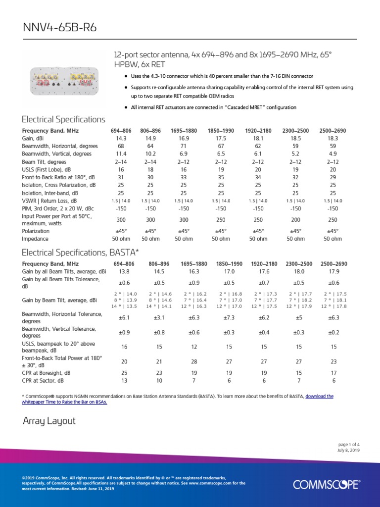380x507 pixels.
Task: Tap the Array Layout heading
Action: [x=49, y=421]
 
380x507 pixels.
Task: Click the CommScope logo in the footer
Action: [x=327, y=484]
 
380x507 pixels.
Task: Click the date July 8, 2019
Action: [x=348, y=450]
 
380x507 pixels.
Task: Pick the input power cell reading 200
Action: [x=295, y=219]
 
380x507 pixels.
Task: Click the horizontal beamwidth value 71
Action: [x=184, y=146]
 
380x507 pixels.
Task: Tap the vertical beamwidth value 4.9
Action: [x=332, y=154]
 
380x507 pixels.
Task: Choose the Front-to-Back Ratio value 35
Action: [x=221, y=177]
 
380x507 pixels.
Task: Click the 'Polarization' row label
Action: [x=36, y=231]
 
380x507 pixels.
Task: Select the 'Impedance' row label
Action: [x=35, y=239]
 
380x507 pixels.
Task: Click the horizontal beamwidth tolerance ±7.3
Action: [x=229, y=317]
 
